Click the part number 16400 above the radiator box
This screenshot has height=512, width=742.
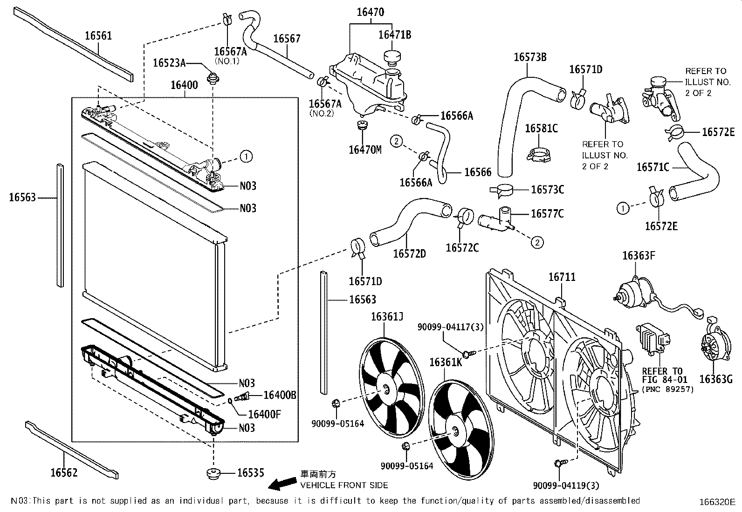[184, 85]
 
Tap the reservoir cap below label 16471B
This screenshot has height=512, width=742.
[392, 56]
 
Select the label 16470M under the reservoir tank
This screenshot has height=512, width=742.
[365, 150]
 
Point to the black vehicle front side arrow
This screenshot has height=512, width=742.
[282, 484]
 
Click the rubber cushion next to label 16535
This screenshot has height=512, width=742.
[213, 474]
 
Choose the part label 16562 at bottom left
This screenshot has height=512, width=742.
[64, 472]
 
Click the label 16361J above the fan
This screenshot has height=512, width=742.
[387, 317]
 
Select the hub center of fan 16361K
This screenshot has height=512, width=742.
[454, 431]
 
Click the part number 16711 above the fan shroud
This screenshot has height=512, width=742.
[562, 277]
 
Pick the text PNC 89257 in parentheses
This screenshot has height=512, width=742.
[668, 389]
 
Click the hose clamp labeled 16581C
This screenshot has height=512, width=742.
[539, 155]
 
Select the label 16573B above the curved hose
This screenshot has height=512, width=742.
[530, 57]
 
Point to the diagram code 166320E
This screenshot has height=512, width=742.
[717, 502]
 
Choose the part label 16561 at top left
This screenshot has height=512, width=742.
[98, 36]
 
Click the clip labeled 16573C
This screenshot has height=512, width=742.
[501, 191]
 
